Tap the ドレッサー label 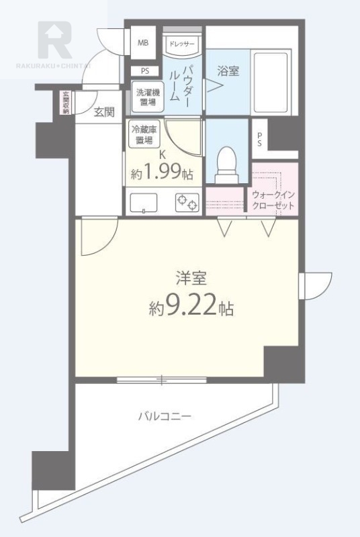tap(181, 44)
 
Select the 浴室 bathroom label tap(228, 70)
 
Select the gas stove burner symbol tap(187, 201)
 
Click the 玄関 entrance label tap(104, 112)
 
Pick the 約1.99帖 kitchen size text tap(162, 174)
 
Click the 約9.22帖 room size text tap(191, 307)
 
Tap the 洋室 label tap(191, 277)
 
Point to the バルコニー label tap(165, 417)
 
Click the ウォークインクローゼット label tap(273, 199)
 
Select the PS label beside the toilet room tap(260, 140)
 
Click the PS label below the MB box tap(144, 71)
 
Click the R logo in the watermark tap(54, 39)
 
